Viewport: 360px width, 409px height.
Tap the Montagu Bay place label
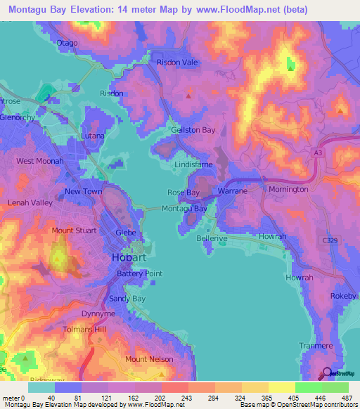click(184, 209)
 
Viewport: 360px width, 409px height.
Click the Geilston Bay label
click(193, 130)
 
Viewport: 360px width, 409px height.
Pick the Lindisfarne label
click(194, 164)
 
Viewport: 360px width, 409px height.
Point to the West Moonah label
click(40, 161)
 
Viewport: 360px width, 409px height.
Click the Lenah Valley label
click(30, 202)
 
